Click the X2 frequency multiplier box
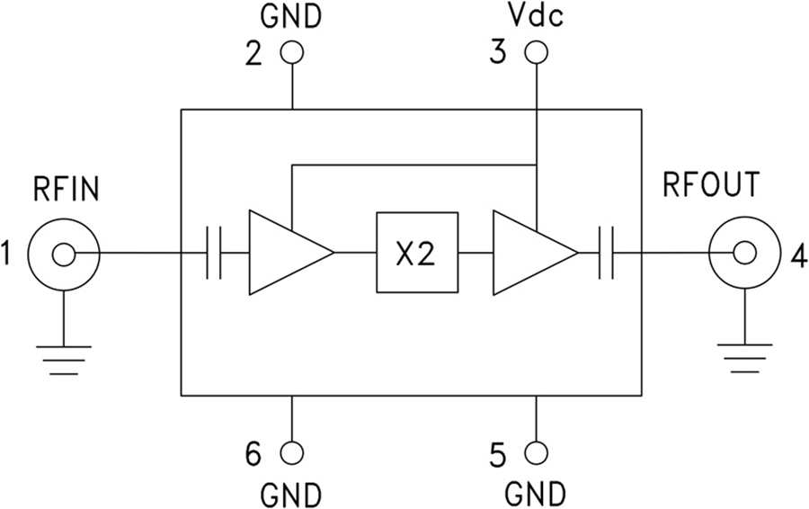(x=415, y=254)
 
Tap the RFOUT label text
(x=710, y=185)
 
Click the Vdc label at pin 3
(x=535, y=16)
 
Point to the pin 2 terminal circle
(x=292, y=53)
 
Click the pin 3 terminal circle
(x=536, y=53)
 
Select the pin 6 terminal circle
(x=292, y=453)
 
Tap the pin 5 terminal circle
(x=536, y=453)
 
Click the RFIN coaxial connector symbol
(x=63, y=254)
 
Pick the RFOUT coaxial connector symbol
(x=743, y=254)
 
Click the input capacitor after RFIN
(x=214, y=254)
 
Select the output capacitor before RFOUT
(x=608, y=254)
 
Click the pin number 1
(x=10, y=255)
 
